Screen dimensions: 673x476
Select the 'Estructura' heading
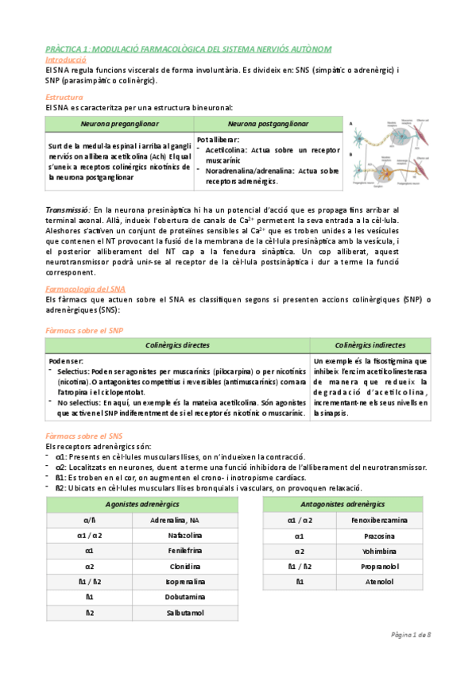click(64, 97)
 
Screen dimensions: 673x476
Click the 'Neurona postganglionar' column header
click(267, 124)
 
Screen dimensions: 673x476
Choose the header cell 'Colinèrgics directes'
click(178, 345)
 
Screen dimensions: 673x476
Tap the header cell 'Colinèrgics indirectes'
click(370, 345)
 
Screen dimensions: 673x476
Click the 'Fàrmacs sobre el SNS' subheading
click(84, 436)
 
